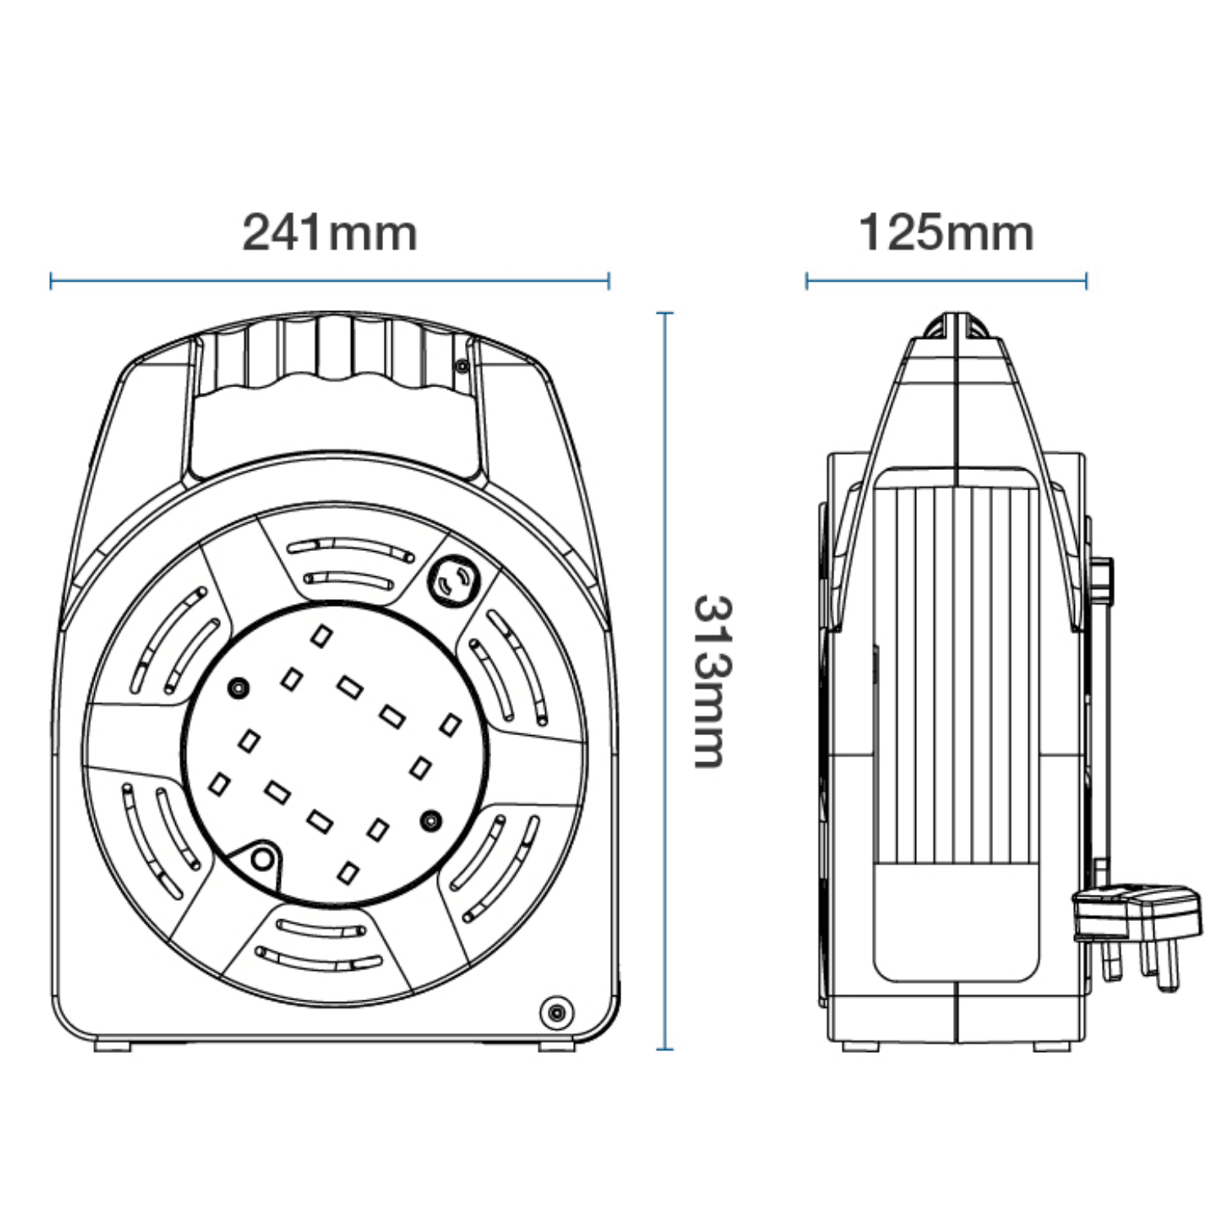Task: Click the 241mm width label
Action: click(329, 233)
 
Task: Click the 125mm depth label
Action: click(946, 233)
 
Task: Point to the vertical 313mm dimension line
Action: click(666, 681)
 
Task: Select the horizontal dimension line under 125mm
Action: click(946, 282)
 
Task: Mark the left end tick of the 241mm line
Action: click(52, 282)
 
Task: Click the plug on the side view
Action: click(1138, 921)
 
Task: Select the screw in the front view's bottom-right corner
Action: click(556, 1011)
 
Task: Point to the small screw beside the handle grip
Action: click(463, 365)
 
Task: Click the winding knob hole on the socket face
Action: click(261, 860)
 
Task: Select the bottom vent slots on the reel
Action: click(319, 941)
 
